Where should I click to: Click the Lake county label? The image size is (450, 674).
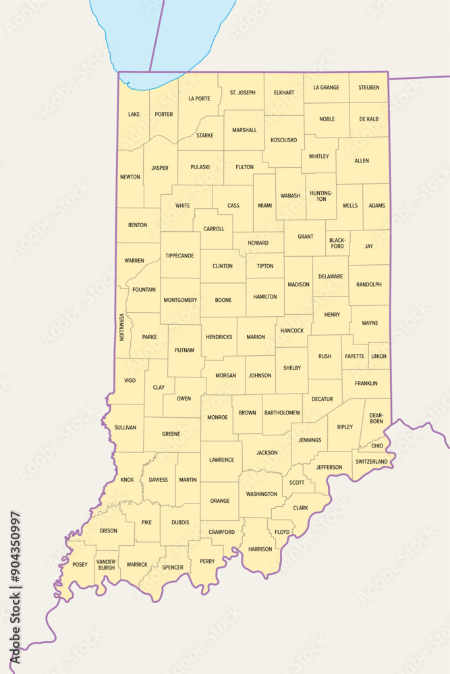134,115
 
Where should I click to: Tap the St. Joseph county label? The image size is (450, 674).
242,92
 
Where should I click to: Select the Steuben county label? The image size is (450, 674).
369,88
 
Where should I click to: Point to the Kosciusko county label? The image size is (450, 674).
283,140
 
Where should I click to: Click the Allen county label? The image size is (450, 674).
362,161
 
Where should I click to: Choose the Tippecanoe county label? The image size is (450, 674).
179,256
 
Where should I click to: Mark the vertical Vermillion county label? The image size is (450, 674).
121,326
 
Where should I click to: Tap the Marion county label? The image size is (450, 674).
256,337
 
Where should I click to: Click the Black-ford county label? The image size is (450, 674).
337,243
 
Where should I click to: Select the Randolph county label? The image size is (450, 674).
369,284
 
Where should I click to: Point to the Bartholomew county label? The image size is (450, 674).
283,412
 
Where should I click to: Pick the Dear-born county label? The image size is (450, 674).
376,418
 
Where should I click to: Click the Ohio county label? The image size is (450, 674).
377,446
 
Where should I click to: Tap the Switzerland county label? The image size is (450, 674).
372,462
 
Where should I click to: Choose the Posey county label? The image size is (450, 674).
80,565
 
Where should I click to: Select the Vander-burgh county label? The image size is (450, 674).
106,565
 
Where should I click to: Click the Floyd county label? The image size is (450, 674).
282,532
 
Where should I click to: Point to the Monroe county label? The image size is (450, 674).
217,417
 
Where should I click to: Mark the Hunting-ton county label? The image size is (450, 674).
321,195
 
